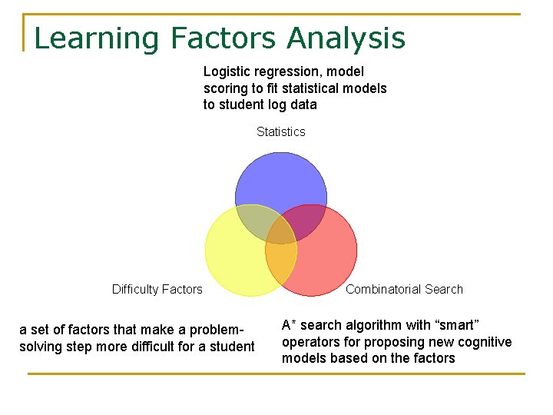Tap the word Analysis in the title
click(x=346, y=38)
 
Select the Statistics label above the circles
click(x=280, y=132)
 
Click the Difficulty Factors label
click(x=157, y=290)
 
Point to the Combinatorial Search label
click(x=404, y=290)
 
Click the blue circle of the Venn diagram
click(x=280, y=181)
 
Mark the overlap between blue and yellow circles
click(x=253, y=223)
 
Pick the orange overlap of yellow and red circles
click(x=280, y=265)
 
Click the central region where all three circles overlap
click(x=280, y=231)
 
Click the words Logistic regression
click(x=253, y=71)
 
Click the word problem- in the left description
click(x=224, y=330)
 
